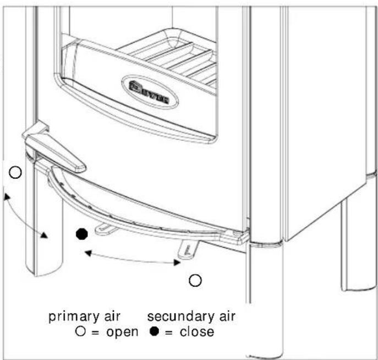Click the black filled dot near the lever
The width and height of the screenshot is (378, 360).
tap(81, 234)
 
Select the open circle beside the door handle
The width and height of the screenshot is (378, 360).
tap(16, 173)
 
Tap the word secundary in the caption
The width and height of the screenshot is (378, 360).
tap(173, 318)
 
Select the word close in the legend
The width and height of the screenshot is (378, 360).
tap(198, 332)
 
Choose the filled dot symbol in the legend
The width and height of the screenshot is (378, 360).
tap(154, 332)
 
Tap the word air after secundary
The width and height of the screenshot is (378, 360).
tap(223, 318)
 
